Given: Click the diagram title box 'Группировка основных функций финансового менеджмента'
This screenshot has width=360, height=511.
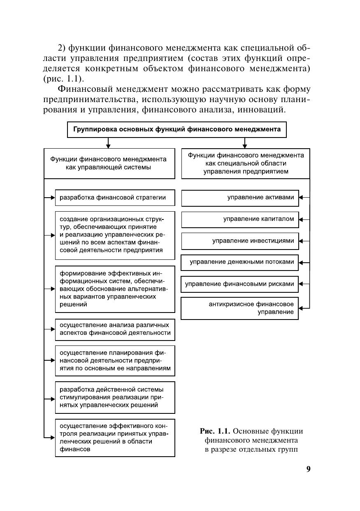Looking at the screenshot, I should coord(177,129).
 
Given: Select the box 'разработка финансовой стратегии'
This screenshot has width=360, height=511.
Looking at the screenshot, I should coord(115,198).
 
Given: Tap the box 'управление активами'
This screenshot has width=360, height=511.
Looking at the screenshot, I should coord(240,198).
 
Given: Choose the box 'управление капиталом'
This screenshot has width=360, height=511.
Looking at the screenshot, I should coord(240,219).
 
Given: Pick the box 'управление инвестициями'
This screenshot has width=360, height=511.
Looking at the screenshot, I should coord(240,241).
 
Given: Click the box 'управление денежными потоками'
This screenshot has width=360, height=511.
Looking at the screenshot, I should coord(240,262).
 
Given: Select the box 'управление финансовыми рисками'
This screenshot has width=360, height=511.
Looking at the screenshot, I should coord(240,284).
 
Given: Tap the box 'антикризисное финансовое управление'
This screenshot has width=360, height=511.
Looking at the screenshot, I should coord(240,308).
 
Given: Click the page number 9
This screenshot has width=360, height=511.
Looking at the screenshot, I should coord(308,469).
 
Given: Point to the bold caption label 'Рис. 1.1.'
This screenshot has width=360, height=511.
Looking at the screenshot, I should coord(215,431).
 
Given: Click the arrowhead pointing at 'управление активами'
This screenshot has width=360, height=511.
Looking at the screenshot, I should coord(301,198).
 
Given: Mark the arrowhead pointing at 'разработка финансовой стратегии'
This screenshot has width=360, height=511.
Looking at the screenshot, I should coord(53,198).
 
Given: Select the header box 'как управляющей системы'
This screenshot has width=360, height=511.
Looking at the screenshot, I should coord(109,163).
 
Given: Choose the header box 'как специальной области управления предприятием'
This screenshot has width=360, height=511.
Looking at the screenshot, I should coord(246,163).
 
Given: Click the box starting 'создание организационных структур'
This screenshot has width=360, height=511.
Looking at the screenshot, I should coord(115,235).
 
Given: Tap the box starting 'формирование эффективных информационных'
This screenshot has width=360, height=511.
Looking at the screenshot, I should coord(115,289).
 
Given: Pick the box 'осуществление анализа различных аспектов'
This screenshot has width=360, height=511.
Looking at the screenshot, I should coord(115,329).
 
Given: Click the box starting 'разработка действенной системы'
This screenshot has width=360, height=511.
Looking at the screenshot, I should coord(115,397).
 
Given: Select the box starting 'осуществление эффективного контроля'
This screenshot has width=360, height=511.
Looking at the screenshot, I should coord(115,437).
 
